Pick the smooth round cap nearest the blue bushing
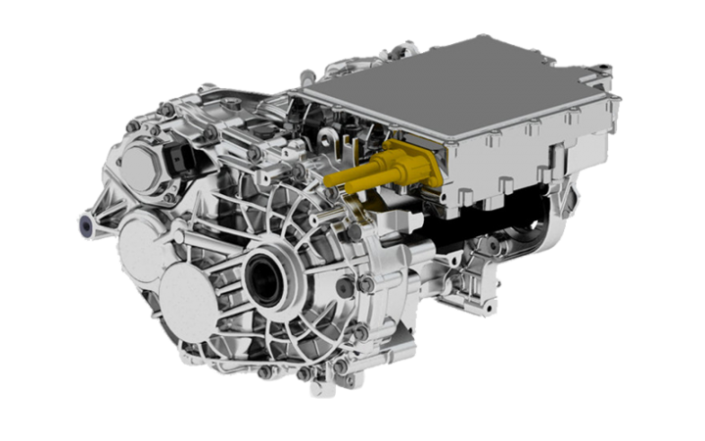point(139,245)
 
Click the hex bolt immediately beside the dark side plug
point(364,284)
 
